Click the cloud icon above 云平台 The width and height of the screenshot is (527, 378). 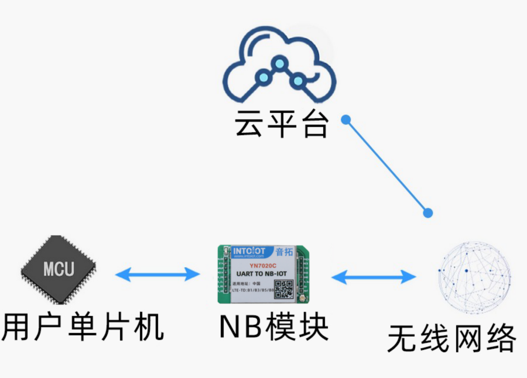click(280, 68)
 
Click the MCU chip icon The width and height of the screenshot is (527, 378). click(59, 270)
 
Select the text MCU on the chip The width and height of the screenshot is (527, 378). click(59, 269)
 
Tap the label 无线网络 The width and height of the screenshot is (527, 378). click(451, 338)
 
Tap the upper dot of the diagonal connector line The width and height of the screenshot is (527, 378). click(346, 119)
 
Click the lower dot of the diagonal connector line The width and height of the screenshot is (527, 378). click(428, 213)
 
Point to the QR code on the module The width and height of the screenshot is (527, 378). click(284, 289)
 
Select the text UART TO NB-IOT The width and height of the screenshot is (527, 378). click(261, 273)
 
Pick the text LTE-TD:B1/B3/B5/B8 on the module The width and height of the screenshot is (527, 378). click(253, 290)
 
